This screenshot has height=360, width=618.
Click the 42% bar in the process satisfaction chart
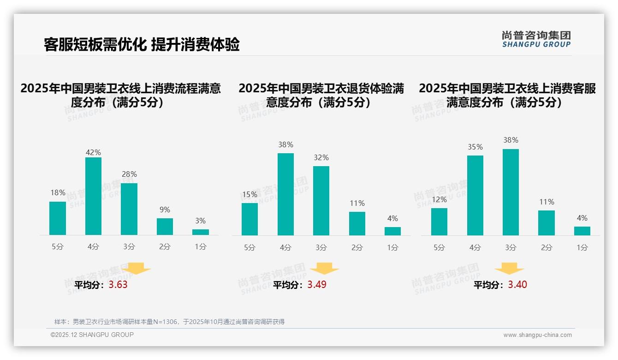(93, 196)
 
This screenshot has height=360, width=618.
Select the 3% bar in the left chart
(201, 232)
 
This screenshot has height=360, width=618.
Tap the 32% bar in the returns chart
(321, 201)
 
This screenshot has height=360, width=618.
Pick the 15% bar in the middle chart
(250, 219)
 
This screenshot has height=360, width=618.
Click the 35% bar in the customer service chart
(475, 195)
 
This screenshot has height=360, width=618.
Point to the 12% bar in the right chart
(439, 222)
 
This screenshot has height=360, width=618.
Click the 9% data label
(165, 210)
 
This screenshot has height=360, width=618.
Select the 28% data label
(129, 174)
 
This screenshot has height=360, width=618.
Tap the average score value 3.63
(118, 285)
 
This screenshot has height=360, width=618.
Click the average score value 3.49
(317, 285)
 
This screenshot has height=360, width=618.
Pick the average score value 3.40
(517, 285)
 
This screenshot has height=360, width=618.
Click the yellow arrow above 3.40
(510, 269)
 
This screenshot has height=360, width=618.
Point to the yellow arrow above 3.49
(324, 269)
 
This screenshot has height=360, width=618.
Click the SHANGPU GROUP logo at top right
(536, 39)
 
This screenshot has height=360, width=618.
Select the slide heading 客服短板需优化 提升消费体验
(142, 44)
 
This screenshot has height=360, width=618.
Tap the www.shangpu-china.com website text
(537, 335)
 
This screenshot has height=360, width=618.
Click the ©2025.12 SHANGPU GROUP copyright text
(92, 335)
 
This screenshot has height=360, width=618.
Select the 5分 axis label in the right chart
(439, 248)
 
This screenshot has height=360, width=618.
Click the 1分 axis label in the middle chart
(392, 248)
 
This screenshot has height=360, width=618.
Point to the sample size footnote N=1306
(169, 322)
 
